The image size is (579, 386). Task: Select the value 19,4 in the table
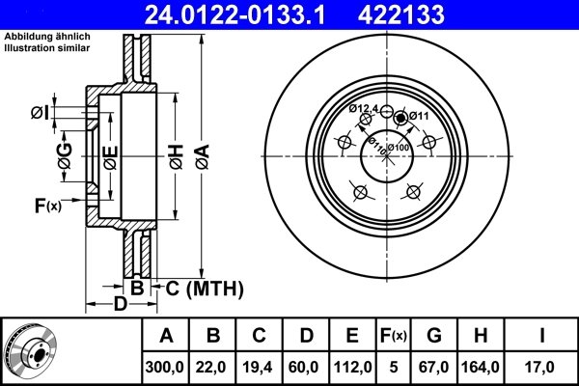tap(260, 366)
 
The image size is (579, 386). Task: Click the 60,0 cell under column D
tap(306, 366)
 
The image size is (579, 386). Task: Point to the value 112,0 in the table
tap(352, 366)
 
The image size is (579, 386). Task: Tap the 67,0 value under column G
tap(435, 366)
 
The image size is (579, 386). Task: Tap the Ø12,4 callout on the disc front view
tap(364, 108)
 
